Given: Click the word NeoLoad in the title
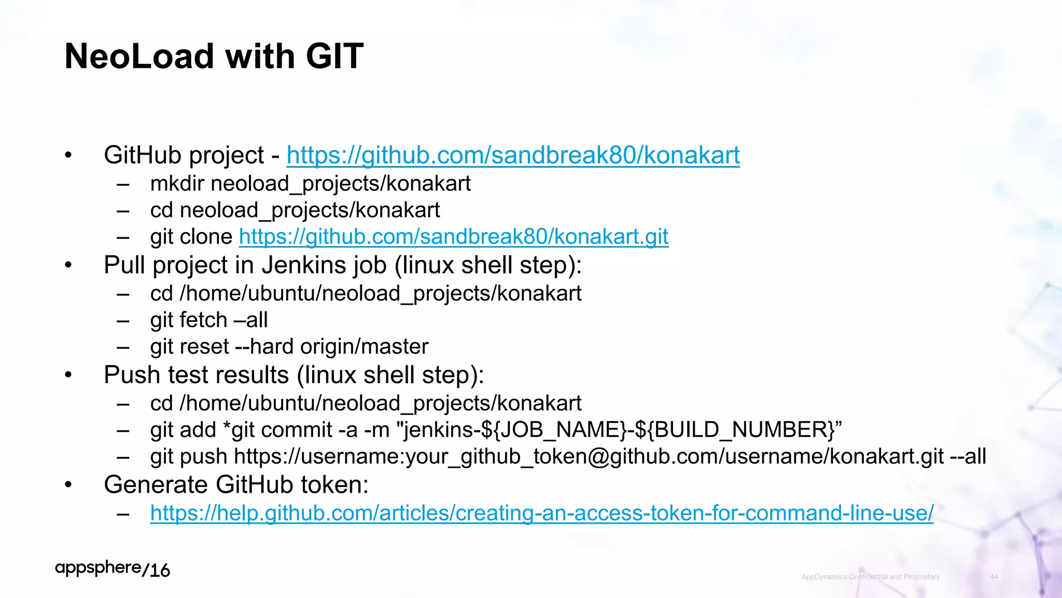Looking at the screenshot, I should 139,56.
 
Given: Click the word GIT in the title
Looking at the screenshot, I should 334,56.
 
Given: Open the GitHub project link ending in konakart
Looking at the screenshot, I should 513,155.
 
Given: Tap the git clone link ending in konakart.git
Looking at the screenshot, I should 453,237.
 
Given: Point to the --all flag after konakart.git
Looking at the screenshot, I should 968,456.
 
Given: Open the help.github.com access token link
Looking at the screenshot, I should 541,513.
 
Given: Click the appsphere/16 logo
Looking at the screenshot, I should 113,569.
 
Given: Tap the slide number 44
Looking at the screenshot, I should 994,577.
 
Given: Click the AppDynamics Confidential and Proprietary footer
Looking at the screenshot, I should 870,577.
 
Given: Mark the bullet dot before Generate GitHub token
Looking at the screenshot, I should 68,485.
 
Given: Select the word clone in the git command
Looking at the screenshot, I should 206,237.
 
